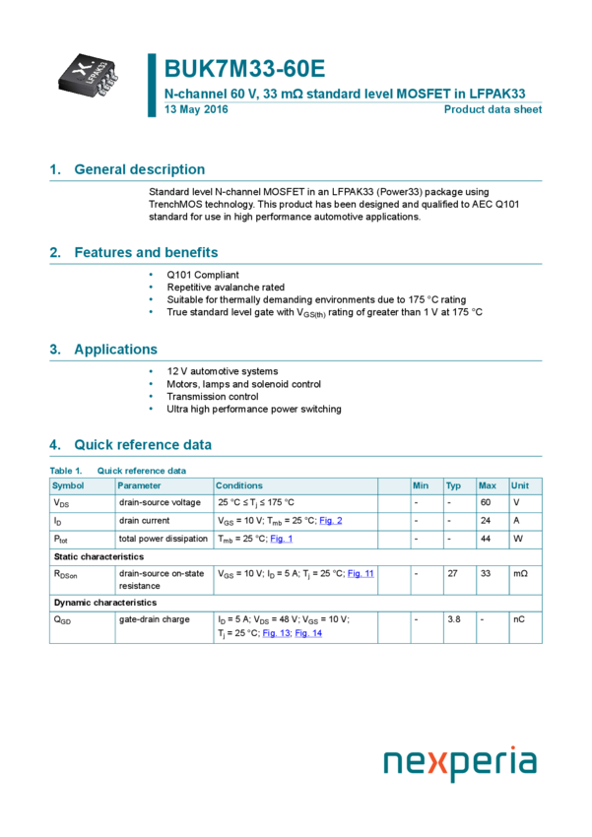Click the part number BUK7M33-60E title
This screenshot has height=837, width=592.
click(244, 69)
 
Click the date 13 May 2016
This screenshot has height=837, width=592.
click(196, 109)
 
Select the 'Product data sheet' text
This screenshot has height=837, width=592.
click(493, 109)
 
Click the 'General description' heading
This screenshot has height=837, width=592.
click(139, 169)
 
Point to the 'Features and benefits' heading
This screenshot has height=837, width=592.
click(146, 252)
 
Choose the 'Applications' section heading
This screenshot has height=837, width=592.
click(115, 350)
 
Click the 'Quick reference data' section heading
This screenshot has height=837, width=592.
click(143, 445)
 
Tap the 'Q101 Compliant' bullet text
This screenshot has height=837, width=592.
click(203, 275)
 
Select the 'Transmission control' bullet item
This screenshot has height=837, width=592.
click(213, 397)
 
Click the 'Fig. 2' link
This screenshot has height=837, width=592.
click(331, 521)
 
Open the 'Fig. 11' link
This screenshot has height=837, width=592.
click(361, 573)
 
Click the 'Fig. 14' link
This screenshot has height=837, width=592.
click(308, 633)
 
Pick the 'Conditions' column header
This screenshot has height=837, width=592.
click(239, 485)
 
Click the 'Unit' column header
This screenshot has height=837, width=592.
click(520, 485)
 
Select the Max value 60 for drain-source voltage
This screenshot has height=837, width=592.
click(486, 503)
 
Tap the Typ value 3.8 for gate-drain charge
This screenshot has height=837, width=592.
click(453, 619)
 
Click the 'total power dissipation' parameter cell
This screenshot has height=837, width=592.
click(164, 539)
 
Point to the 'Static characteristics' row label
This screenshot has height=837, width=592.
click(99, 557)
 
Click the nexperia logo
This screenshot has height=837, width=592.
click(460, 762)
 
